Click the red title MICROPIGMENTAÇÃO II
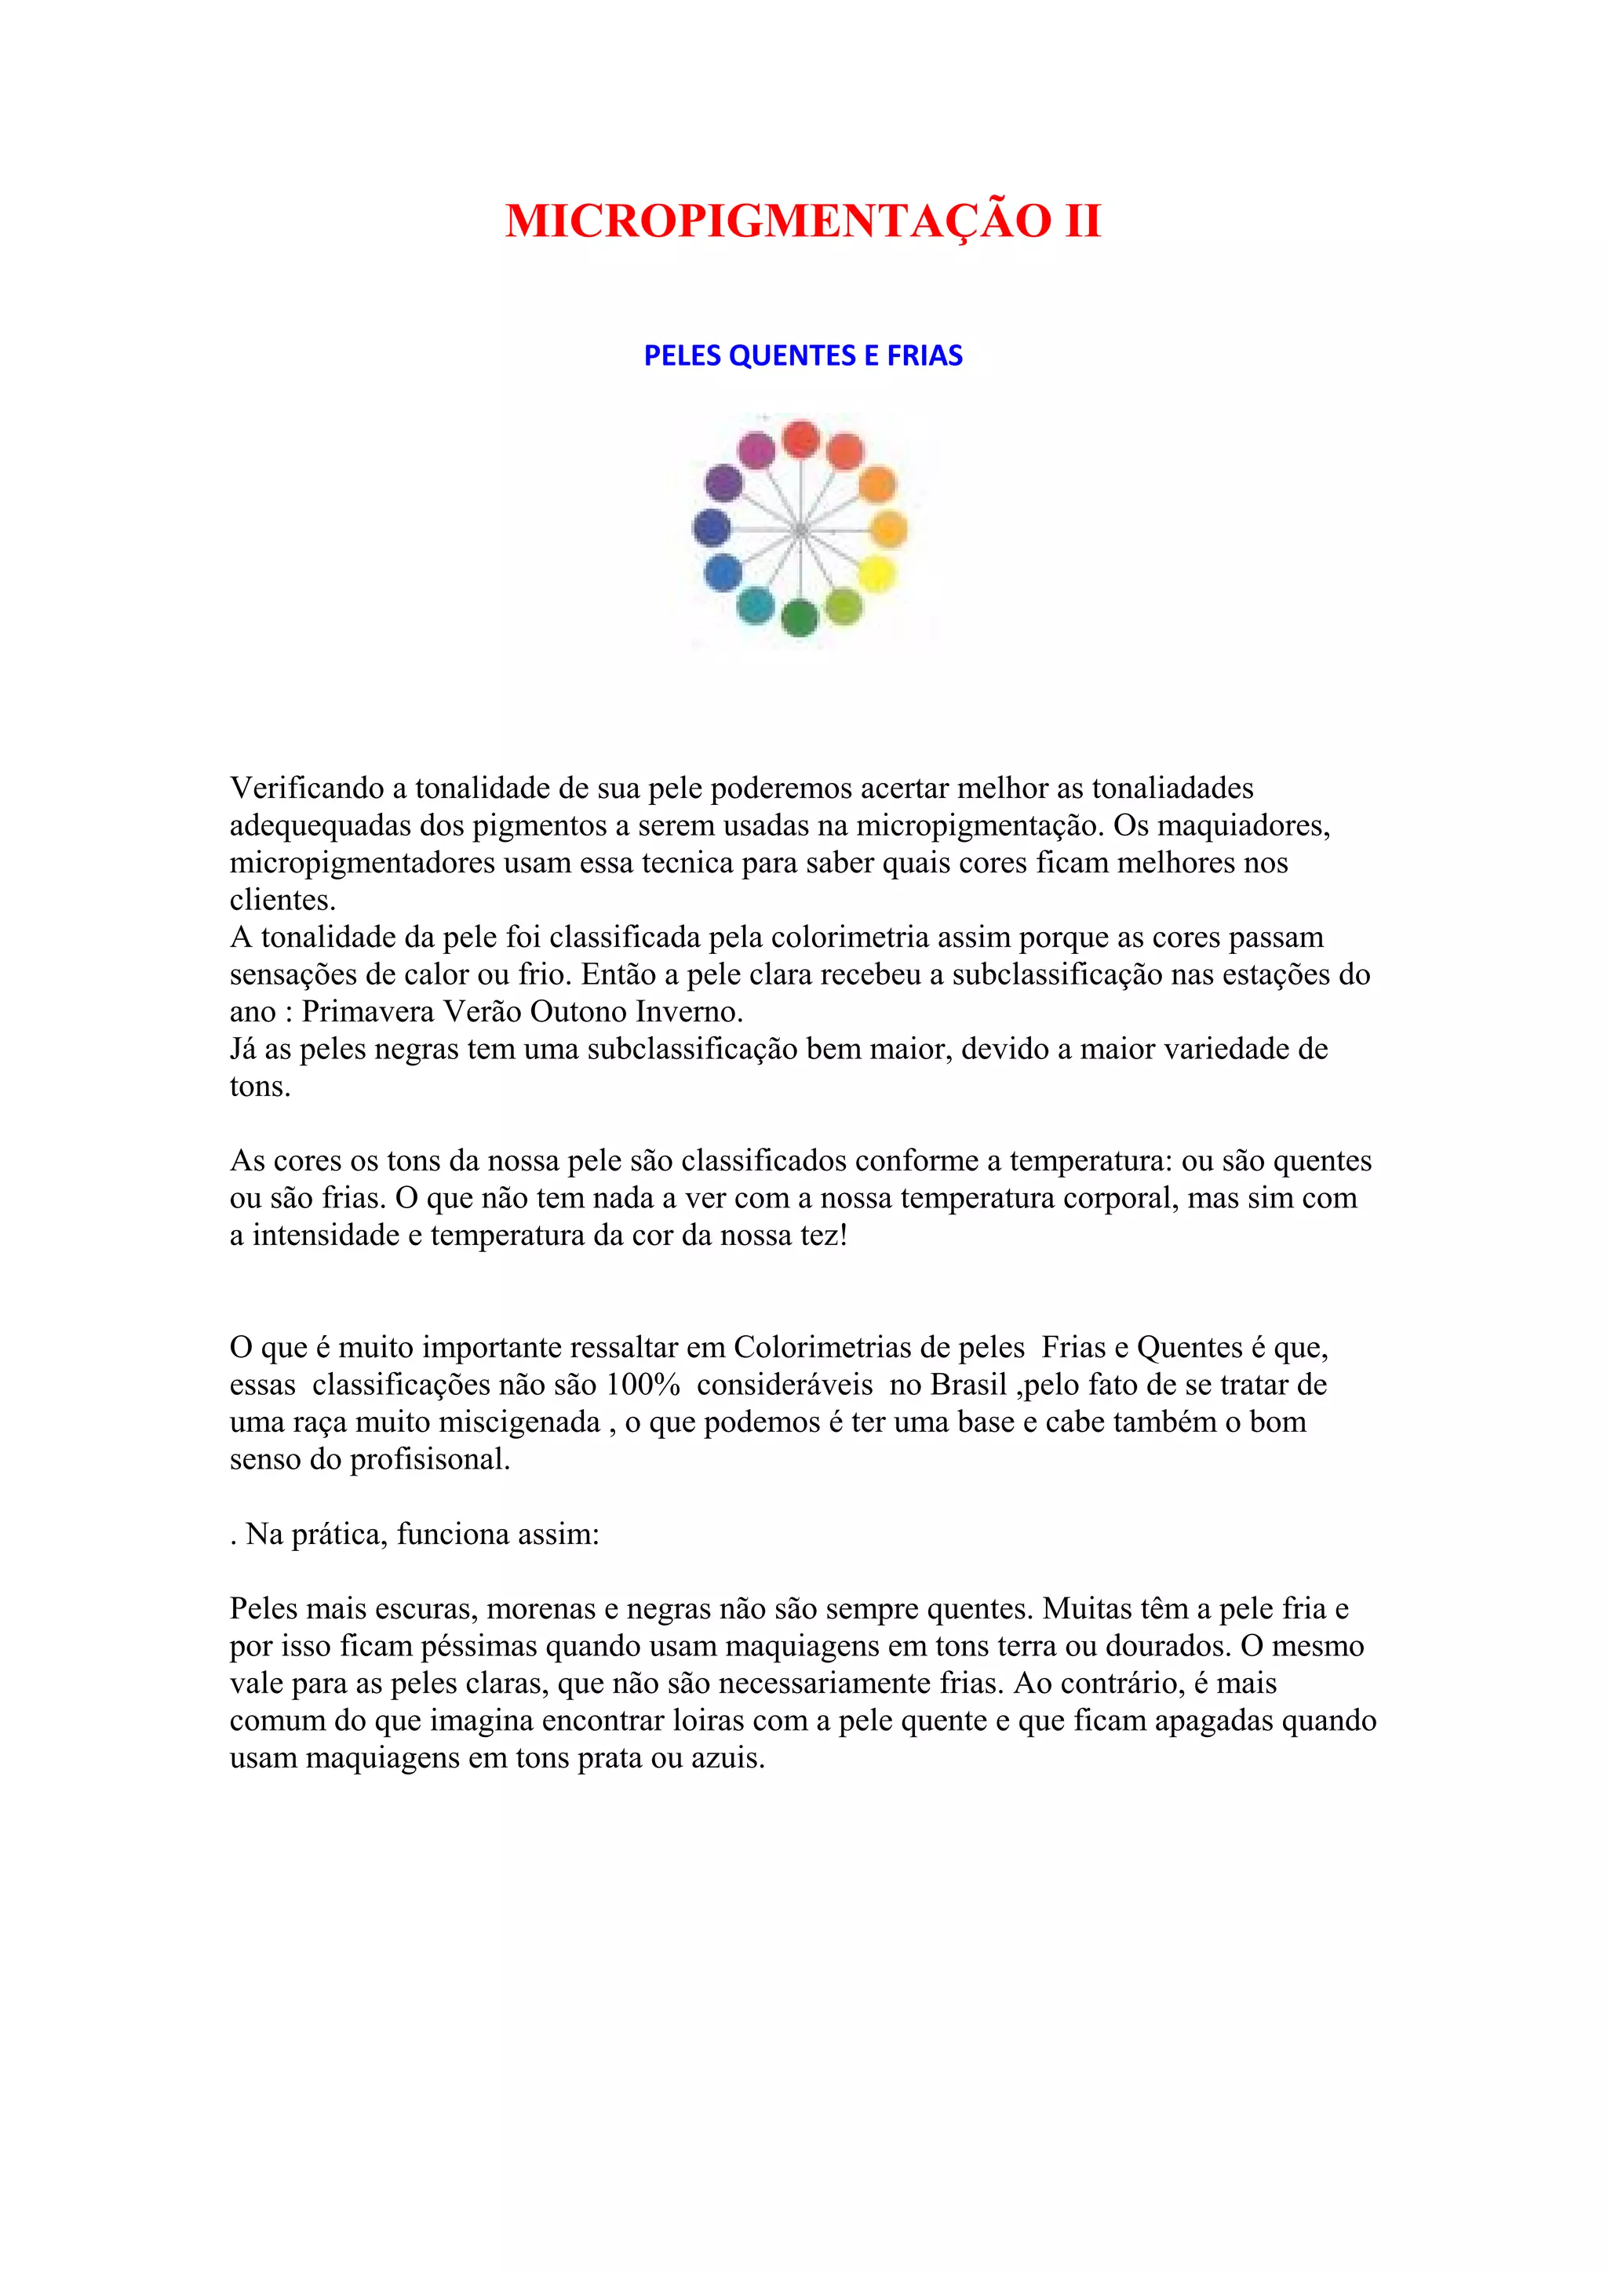(803, 220)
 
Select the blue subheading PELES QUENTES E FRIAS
(803, 355)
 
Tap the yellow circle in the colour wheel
(876, 575)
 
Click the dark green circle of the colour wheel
(799, 618)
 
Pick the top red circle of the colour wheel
(800, 439)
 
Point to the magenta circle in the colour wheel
(757, 451)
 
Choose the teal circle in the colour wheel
(755, 606)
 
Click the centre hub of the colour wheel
(800, 530)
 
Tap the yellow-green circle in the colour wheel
(843, 606)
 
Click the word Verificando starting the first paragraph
(307, 788)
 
